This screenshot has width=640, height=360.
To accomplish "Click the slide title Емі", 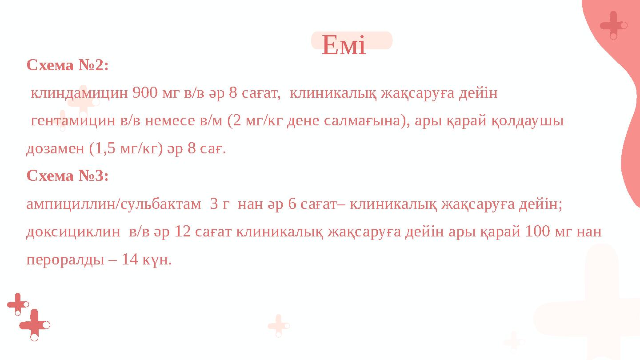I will [x=344, y=46].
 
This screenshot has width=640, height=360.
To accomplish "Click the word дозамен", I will [x=56, y=148].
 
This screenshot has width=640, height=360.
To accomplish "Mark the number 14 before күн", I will [x=129, y=260].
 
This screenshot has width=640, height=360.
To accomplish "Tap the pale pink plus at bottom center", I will [x=278, y=325].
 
